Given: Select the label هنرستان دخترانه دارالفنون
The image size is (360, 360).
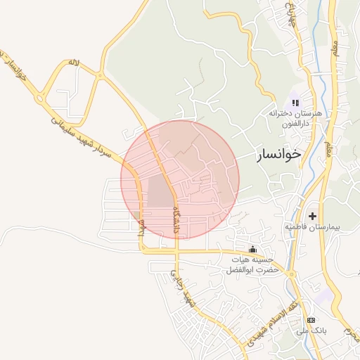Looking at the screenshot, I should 295,117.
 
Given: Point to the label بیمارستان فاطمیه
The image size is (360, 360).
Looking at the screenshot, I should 312,228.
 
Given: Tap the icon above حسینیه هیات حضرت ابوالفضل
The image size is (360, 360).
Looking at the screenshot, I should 253,249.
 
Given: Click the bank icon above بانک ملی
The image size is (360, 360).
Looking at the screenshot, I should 311,320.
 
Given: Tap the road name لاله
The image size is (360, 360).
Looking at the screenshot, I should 74,63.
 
